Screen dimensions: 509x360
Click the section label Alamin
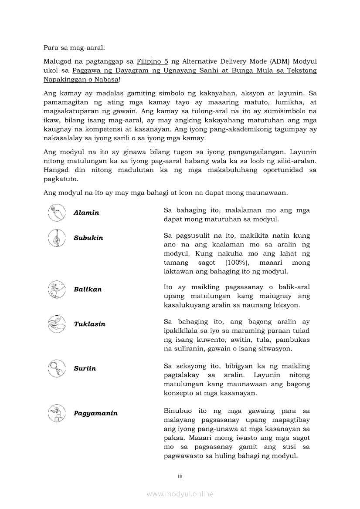coord(86,213)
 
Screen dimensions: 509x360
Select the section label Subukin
coord(88,238)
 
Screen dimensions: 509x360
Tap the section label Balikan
coord(88,290)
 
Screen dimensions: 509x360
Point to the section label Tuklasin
coord(89,324)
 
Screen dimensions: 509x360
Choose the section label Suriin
coord(85,368)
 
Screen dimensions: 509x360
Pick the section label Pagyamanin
coord(95,413)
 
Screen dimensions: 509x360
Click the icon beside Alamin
coord(57,212)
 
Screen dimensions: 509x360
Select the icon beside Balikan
coord(57,289)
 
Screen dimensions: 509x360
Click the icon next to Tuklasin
coord(57,324)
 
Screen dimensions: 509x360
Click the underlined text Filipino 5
coord(153,61)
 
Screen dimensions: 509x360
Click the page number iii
coord(180,476)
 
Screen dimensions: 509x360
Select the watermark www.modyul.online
coord(180,494)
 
